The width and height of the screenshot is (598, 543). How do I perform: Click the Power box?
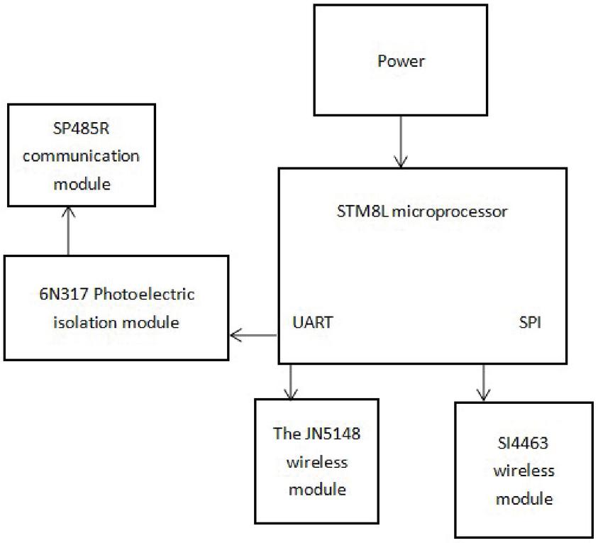401,61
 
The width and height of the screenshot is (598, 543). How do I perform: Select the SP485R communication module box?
81,155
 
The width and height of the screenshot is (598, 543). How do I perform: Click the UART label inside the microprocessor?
313,322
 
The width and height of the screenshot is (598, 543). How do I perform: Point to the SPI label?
530,322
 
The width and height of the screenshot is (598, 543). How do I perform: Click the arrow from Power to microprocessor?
401,142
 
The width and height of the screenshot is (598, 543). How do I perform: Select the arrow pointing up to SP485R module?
68,231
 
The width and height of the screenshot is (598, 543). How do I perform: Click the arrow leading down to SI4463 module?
485,383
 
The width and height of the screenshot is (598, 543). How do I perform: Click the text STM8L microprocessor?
422,212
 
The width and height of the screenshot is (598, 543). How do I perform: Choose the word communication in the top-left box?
81,157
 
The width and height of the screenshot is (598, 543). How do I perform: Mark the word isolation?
82,322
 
